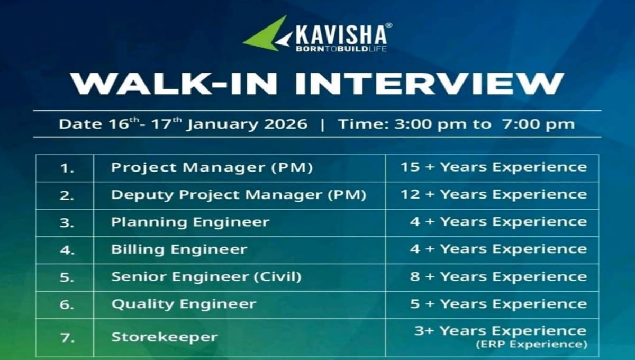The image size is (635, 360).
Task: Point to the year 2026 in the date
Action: coord(286,124)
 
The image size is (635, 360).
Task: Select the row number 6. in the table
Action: coord(67,304)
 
